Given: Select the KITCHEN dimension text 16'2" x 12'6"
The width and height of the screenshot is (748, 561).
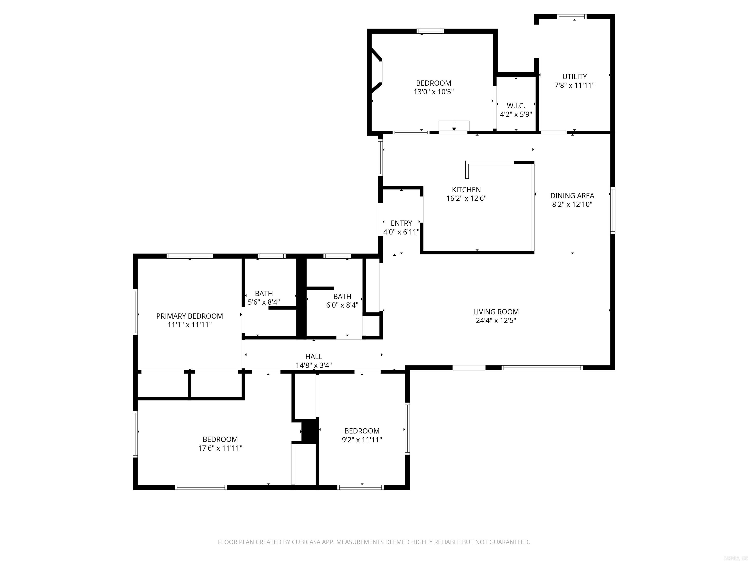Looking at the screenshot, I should (x=466, y=198).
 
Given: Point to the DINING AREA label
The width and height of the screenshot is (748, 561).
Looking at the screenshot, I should (x=572, y=196).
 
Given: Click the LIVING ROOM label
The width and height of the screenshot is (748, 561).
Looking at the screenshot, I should (x=496, y=312).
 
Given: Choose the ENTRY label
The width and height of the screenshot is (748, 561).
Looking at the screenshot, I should (x=401, y=223).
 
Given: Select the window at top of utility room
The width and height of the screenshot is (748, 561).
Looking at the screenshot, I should (x=571, y=17).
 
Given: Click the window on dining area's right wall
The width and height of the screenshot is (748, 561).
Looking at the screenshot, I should (x=612, y=210).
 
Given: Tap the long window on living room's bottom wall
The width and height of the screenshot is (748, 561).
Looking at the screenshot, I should (x=542, y=368).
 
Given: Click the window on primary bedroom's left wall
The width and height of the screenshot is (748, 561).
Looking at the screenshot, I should (x=135, y=311).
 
